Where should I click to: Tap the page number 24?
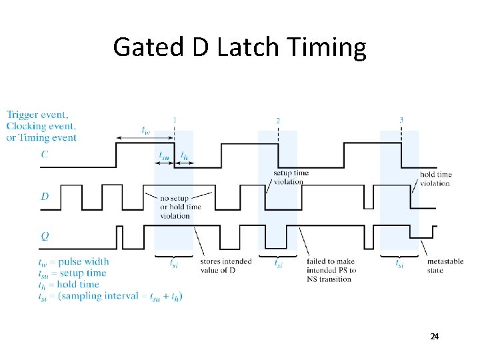point(434,337)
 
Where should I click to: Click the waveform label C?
point(44,155)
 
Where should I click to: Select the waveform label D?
point(44,196)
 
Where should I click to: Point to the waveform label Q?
point(45,235)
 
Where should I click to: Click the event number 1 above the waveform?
point(175,120)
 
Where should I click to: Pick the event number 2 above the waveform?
point(278,121)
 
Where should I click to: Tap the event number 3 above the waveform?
point(401,120)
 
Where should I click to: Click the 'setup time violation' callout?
point(291,177)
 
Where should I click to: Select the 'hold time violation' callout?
point(435,179)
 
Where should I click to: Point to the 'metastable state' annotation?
point(445,266)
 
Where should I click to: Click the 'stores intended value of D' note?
point(225,265)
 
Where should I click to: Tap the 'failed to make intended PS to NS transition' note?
point(331,270)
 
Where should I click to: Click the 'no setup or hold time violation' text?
point(180,207)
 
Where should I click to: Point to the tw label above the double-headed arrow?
point(145,130)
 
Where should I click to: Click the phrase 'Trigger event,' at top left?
point(37,115)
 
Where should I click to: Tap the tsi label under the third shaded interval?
point(399,264)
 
